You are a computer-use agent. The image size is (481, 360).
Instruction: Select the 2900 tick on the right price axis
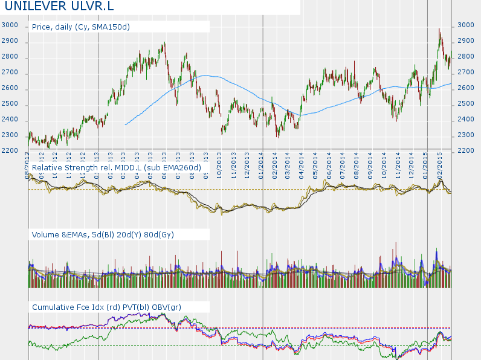point(465,41)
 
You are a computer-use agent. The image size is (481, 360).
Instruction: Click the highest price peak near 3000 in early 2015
point(439,29)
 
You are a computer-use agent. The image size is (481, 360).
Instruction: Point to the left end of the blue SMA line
point(126,124)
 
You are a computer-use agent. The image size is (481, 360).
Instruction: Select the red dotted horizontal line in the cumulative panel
point(242,328)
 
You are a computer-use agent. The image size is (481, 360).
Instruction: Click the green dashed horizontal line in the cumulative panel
point(242,346)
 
